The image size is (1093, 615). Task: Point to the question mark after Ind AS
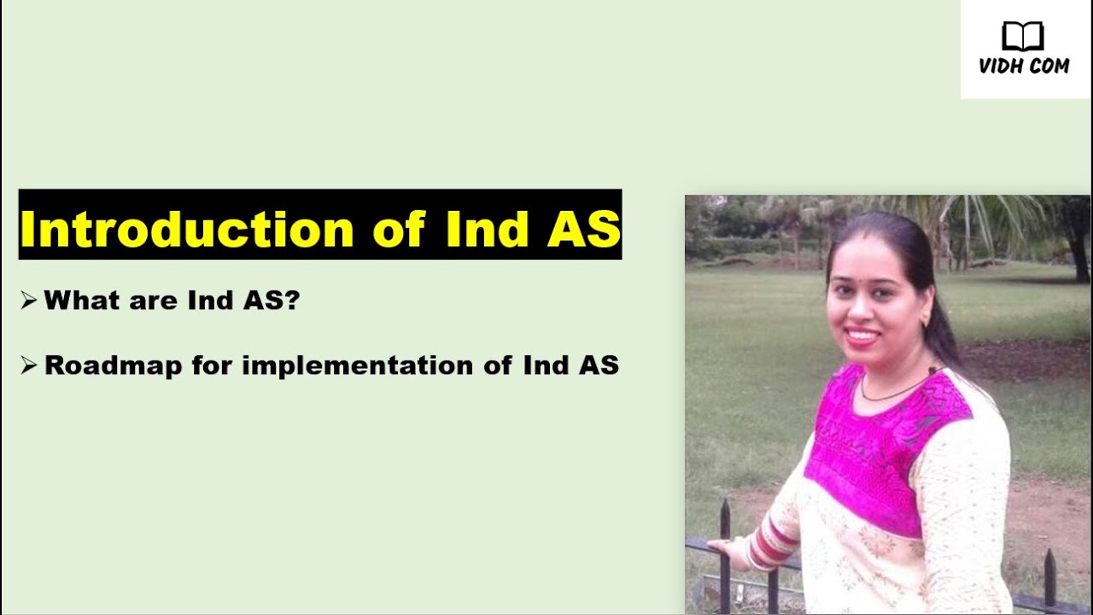(291, 301)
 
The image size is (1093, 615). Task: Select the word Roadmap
(113, 366)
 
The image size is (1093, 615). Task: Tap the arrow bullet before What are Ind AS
(29, 301)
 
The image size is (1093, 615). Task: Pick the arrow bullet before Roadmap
(29, 366)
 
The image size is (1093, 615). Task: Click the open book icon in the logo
(1023, 37)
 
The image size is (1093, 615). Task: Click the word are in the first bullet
(139, 301)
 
